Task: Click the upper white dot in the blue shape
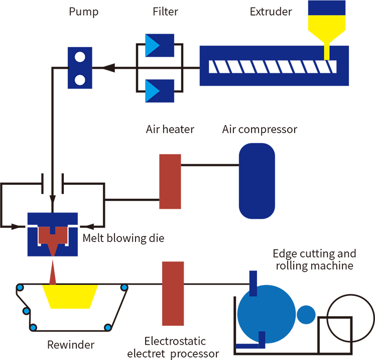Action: click(x=79, y=57)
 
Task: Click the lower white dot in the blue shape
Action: click(x=79, y=79)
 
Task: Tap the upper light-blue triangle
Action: click(x=152, y=46)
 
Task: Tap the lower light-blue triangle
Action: click(x=152, y=91)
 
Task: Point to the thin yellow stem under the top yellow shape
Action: click(x=327, y=52)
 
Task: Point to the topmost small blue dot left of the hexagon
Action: click(x=20, y=288)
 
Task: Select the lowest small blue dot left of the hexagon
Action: click(x=33, y=328)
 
